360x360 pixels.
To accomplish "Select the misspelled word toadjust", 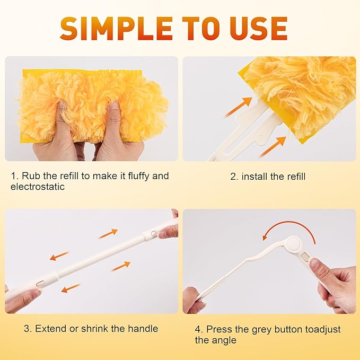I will point(318,329).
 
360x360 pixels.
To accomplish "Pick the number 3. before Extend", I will point(28,328).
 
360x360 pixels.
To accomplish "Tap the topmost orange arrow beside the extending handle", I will point(108,233).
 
